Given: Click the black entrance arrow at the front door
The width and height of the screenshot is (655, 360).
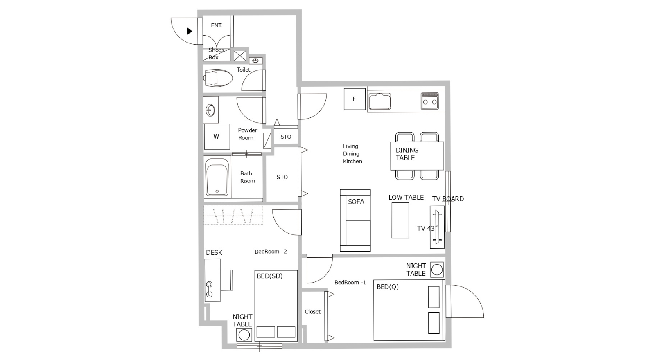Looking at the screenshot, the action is click(x=190, y=31).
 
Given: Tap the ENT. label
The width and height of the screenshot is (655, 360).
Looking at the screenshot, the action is click(x=217, y=25).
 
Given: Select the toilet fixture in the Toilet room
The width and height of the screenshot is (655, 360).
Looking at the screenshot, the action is click(x=218, y=78).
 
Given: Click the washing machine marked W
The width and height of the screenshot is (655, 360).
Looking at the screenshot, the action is click(x=217, y=137).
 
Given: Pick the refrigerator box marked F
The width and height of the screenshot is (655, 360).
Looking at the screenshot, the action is click(x=355, y=99).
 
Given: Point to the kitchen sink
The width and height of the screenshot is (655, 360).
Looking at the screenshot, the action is click(x=379, y=101).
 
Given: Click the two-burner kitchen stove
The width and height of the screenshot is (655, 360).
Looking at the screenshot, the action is click(x=429, y=101).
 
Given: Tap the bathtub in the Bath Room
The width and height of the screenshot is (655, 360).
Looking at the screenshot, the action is click(x=217, y=177).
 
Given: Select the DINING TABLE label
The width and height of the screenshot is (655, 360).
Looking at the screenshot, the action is click(x=407, y=154).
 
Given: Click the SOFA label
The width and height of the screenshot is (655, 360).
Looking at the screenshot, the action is click(x=356, y=202).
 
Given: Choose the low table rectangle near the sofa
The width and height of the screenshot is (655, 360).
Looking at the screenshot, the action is click(x=400, y=220).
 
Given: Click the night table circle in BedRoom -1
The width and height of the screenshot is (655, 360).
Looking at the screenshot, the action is click(x=437, y=270).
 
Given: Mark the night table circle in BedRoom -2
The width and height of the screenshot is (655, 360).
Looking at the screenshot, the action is click(x=244, y=335).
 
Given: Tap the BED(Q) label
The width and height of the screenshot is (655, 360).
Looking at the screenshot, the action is click(x=387, y=287).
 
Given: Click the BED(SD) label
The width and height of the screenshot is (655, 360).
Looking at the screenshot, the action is click(x=269, y=276).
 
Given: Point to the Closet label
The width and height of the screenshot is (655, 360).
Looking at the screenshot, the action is click(x=313, y=312).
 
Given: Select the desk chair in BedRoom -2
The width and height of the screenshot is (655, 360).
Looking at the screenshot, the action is click(x=227, y=280).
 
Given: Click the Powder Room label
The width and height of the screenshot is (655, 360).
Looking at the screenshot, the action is click(x=247, y=134).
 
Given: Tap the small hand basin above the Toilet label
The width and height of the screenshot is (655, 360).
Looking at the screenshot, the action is click(x=255, y=61).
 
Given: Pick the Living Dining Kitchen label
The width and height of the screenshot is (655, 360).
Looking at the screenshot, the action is click(x=352, y=154).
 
